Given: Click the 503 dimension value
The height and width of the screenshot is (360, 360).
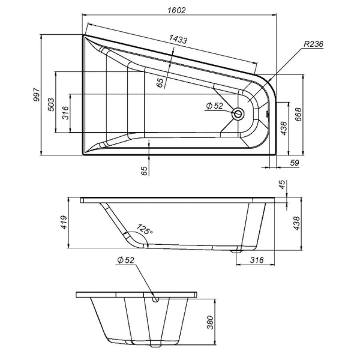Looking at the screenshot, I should pos(52,106).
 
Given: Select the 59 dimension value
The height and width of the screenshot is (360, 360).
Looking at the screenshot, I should pos(295,163).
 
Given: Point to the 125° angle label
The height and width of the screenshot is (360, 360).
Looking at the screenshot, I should pos(144,230).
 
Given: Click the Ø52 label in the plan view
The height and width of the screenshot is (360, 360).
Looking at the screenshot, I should pos(214,106).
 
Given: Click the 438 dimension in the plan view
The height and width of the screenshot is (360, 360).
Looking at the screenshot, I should pos(284,127).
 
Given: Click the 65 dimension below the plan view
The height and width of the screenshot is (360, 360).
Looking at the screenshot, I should pos(144,170).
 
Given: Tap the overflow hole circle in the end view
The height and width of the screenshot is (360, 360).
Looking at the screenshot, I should pos(156,297).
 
